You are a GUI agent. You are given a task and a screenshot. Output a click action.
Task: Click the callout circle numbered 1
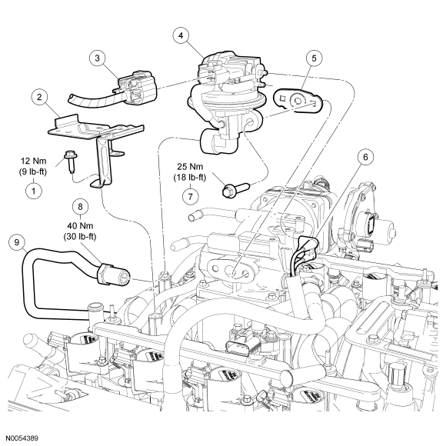pyautogui.click(x=34, y=190)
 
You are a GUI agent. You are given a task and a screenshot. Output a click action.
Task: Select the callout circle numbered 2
pyautogui.click(x=39, y=98)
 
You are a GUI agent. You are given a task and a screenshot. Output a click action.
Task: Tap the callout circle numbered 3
pyautogui.click(x=98, y=58)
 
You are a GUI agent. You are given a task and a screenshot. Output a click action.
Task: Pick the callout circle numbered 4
pyautogui.click(x=181, y=35)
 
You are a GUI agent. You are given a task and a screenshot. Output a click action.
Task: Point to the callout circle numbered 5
pyautogui.click(x=314, y=58)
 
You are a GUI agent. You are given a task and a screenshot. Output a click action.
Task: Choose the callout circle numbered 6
pyautogui.click(x=365, y=157)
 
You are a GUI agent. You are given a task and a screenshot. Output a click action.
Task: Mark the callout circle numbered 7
pyautogui.click(x=190, y=196)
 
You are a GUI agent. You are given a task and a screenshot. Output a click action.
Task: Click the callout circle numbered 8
pyautogui.click(x=80, y=207)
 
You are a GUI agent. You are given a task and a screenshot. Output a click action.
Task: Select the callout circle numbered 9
pyautogui.click(x=17, y=242)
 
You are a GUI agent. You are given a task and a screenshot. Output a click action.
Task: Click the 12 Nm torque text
pyautogui.click(x=33, y=161)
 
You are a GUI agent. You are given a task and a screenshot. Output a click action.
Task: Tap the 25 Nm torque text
pyautogui.click(x=190, y=166)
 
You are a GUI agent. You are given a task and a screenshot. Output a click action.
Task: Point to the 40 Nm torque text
pyautogui.click(x=80, y=226)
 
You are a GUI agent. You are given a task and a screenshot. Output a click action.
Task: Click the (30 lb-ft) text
pyautogui.click(x=80, y=237)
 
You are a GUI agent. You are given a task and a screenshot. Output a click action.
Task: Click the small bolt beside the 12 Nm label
pyautogui.click(x=69, y=161)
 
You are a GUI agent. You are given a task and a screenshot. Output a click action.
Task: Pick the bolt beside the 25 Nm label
pyautogui.click(x=235, y=189)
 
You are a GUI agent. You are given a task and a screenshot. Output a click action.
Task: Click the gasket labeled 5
pyautogui.click(x=298, y=101)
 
